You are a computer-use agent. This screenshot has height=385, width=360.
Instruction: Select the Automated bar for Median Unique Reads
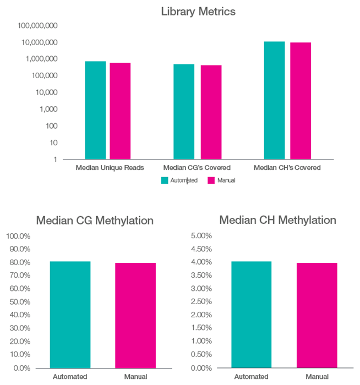[95, 110]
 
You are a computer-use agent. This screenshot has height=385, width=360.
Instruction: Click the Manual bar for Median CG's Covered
[211, 112]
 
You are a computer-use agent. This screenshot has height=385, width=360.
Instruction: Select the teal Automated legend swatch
[165, 180]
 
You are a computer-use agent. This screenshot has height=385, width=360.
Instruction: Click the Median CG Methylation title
[95, 221]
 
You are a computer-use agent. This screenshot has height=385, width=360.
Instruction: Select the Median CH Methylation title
[277, 220]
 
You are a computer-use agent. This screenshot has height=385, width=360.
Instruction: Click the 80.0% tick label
[19, 262]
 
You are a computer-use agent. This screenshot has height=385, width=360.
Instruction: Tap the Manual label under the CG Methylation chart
[135, 377]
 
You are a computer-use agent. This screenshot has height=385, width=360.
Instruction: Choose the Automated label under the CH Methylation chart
[251, 377]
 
